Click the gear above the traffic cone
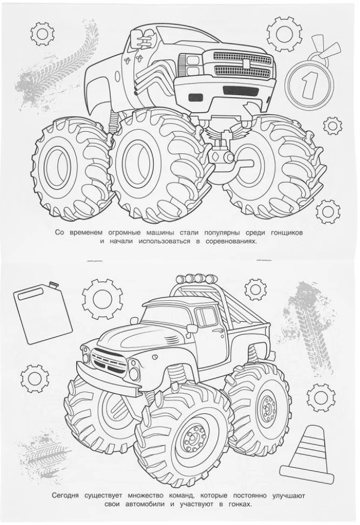321,396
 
